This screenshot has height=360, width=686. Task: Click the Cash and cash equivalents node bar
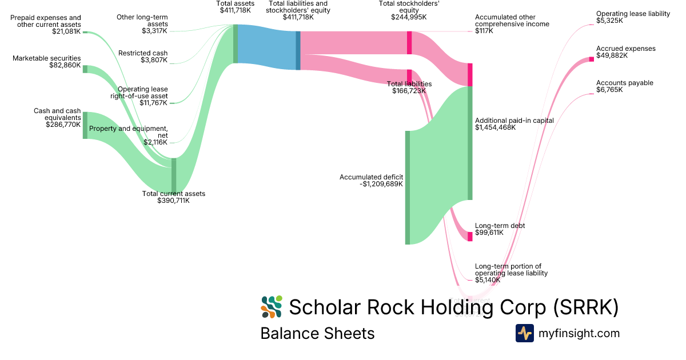point(85,125)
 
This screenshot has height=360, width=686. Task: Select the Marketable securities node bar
point(85,69)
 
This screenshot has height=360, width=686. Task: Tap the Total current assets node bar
point(174,175)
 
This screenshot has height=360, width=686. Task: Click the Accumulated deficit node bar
point(408,187)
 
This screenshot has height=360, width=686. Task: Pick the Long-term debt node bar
point(470,237)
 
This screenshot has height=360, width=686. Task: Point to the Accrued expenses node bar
point(592,59)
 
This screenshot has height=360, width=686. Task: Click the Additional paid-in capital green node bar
point(470,143)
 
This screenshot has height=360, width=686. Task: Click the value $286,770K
point(63,124)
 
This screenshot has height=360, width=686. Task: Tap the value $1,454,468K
point(495,128)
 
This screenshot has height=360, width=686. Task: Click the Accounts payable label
point(624,83)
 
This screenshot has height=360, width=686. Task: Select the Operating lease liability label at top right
point(633,14)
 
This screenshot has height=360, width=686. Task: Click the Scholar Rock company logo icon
point(272,307)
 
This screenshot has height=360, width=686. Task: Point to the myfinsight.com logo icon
point(525,333)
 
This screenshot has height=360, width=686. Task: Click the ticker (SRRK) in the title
point(586,307)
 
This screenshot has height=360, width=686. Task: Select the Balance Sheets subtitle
point(317,333)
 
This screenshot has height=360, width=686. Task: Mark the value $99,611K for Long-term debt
point(489,233)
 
